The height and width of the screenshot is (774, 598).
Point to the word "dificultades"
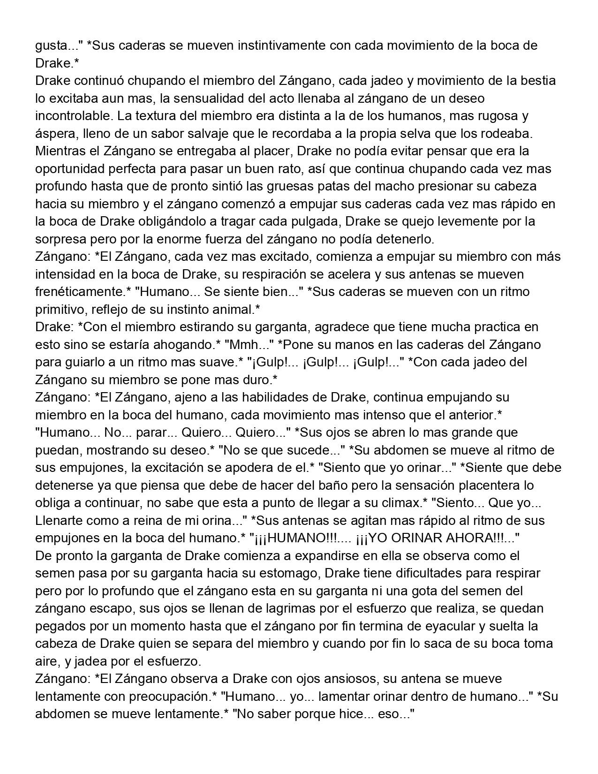430,573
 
